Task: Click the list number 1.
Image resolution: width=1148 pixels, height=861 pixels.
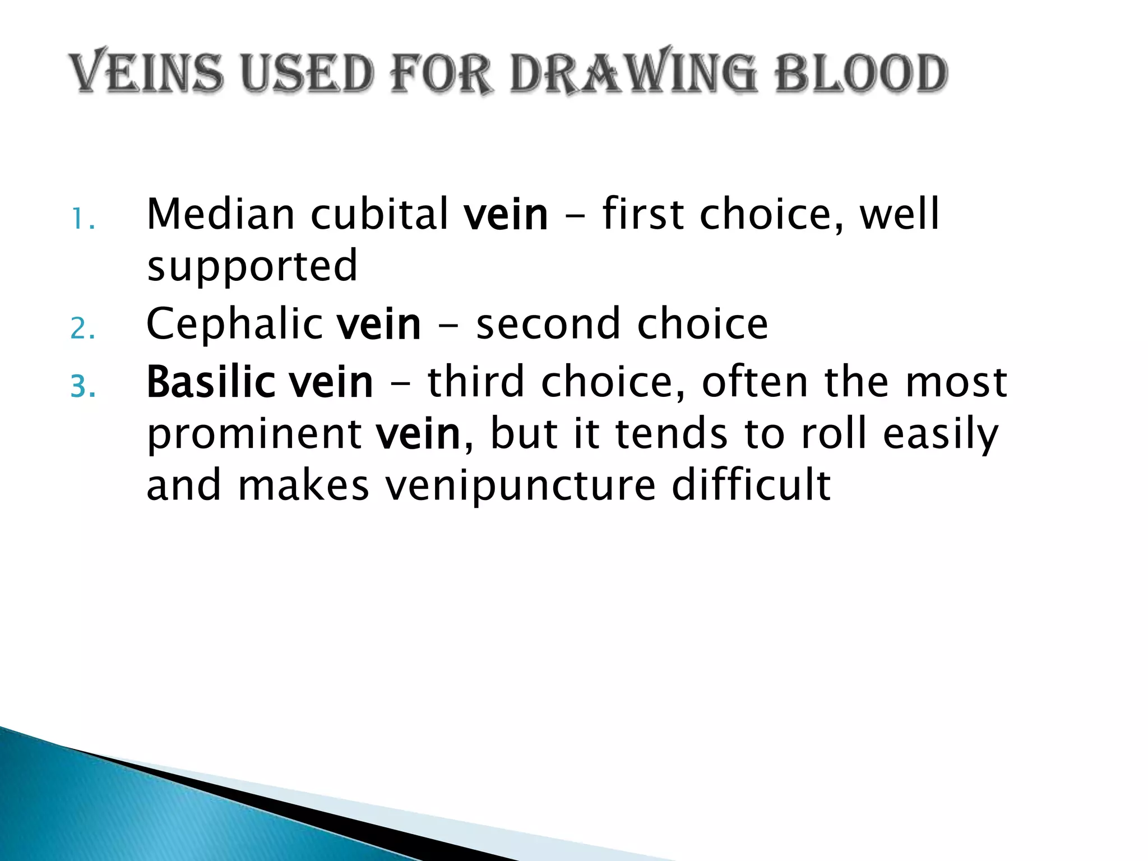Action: click(82, 220)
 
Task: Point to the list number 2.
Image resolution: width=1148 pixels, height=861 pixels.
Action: click(82, 330)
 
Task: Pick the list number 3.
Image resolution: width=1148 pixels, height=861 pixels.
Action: click(82, 387)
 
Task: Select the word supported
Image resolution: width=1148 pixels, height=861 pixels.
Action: click(252, 267)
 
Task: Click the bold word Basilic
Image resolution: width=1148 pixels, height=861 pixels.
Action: click(210, 382)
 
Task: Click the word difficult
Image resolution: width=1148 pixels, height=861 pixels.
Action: click(751, 485)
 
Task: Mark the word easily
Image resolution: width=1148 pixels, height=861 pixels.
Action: click(941, 434)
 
